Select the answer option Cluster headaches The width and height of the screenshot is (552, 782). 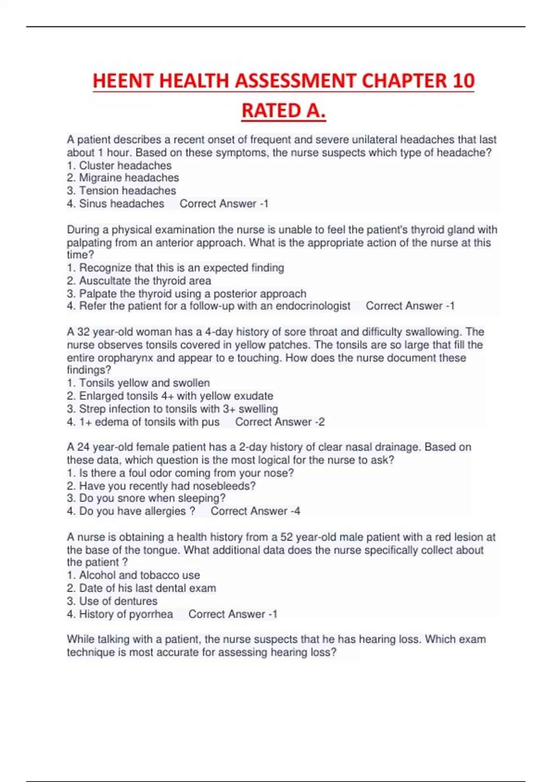pos(119,166)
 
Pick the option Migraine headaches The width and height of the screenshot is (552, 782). pos(123,178)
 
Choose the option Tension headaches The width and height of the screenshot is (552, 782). pos(121,190)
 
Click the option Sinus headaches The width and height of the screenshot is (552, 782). pos(115,203)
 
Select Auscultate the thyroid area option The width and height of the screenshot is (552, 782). pos(139,281)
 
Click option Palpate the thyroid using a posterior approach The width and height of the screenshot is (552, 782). pos(186,293)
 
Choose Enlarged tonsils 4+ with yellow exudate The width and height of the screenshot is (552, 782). pos(170,396)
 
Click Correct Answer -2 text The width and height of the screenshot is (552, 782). pos(280,422)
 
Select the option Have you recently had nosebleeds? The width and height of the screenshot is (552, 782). pos(161,486)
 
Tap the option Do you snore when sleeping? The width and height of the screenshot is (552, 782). pos(146,498)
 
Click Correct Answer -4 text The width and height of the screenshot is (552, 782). pos(255,511)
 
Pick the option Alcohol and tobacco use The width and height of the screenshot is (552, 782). pos(133,575)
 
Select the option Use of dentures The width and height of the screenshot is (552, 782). pos(112,601)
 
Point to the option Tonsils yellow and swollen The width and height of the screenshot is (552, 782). pos(138,383)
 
